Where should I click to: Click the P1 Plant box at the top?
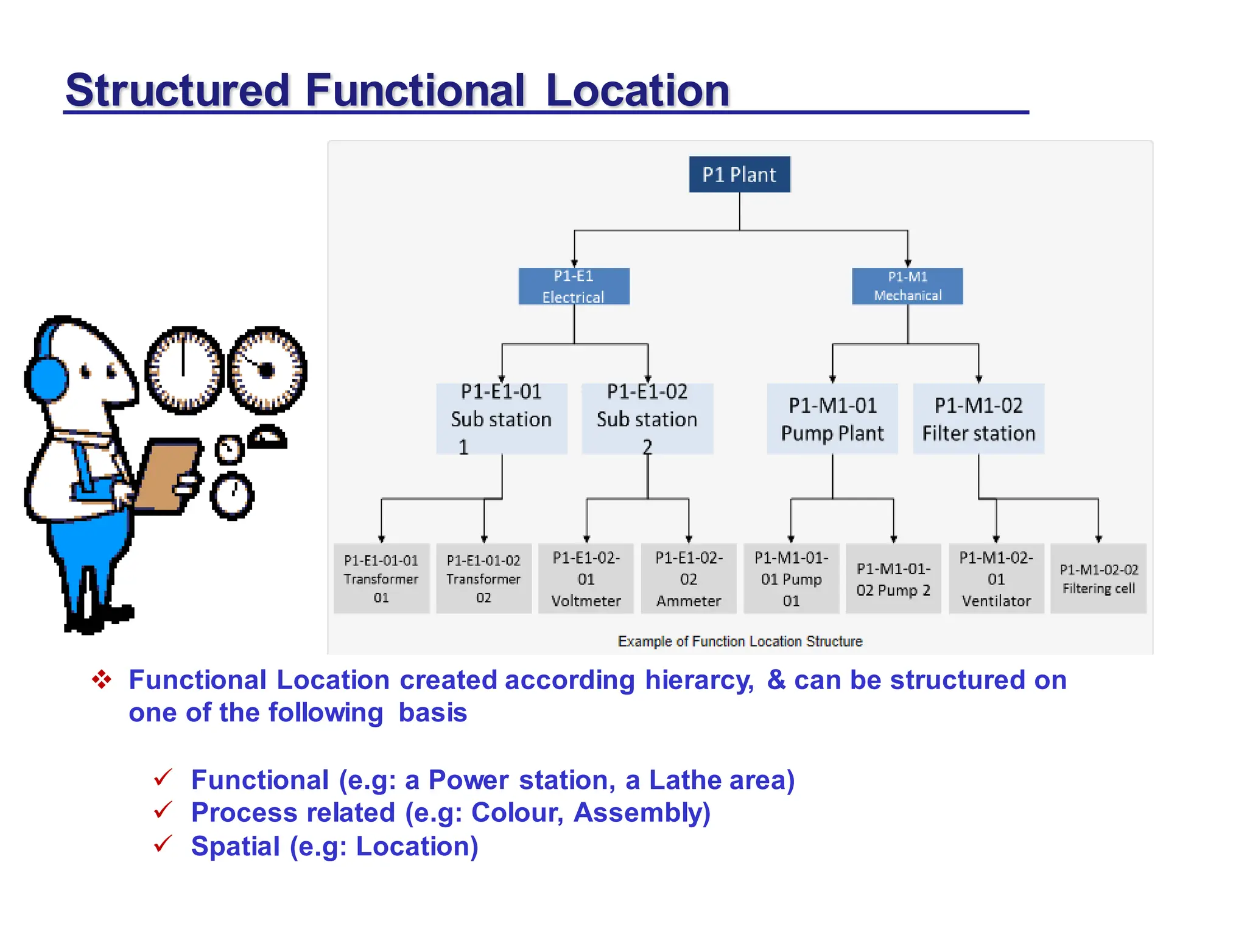739,175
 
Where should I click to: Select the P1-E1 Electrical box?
574,286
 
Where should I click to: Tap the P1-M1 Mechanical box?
907,286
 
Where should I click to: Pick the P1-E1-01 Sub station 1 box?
502,419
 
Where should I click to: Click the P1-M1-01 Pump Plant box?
832,419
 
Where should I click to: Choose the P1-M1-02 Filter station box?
978,419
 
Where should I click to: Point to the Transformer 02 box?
483,578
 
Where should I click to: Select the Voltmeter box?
586,578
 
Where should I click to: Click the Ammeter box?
689,578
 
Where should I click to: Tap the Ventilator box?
996,578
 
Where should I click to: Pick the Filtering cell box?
1098,578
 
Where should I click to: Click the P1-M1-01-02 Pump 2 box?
893,578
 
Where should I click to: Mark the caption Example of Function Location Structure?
740,641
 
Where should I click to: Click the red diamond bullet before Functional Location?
102,679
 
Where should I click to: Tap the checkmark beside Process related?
163,811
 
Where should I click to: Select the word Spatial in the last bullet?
236,846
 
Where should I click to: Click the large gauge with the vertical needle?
184,370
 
